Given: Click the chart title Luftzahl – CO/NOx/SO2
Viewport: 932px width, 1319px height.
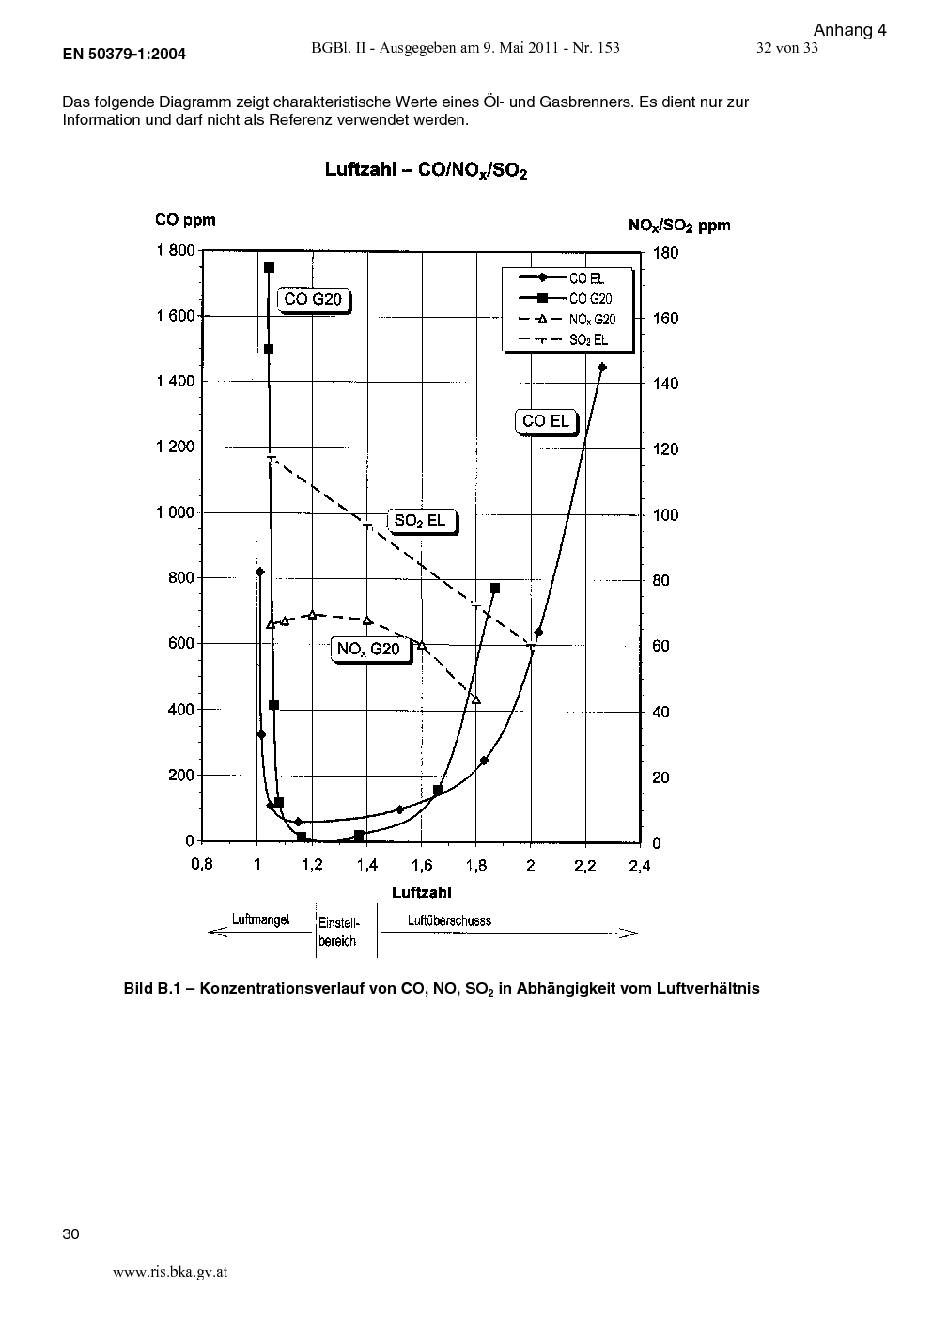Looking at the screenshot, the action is point(426,170).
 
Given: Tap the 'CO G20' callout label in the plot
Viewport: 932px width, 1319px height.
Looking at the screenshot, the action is point(314,300).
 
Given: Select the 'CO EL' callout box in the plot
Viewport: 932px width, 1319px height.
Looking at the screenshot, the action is point(547,421).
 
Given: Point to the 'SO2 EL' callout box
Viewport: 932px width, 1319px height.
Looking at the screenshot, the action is point(422,521).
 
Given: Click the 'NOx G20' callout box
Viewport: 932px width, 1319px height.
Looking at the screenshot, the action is point(371,650).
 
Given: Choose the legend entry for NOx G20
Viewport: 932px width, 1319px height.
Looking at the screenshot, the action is point(567,320).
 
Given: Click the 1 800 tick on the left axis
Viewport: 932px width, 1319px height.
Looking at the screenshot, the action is point(176,251).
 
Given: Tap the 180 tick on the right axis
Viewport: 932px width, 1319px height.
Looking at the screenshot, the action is point(665,253).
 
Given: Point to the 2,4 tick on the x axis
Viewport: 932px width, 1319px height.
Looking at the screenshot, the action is point(640,866).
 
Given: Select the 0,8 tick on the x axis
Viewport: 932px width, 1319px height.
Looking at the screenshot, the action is point(202,865).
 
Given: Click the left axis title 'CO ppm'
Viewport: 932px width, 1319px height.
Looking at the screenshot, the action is point(185,220).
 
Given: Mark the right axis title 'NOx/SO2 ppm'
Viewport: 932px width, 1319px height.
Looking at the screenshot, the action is point(679,226).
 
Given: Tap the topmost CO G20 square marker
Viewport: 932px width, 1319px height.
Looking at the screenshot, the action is point(269,268).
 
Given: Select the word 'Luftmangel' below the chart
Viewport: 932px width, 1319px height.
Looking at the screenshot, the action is point(260,919).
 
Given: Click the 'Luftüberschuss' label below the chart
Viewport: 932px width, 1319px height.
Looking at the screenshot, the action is point(449,920).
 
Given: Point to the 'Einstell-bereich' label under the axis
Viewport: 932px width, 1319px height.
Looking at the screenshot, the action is point(338,932).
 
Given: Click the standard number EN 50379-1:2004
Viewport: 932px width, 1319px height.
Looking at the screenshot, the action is point(124,55).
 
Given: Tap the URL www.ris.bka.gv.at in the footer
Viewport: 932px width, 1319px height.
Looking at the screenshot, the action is point(170,1272).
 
